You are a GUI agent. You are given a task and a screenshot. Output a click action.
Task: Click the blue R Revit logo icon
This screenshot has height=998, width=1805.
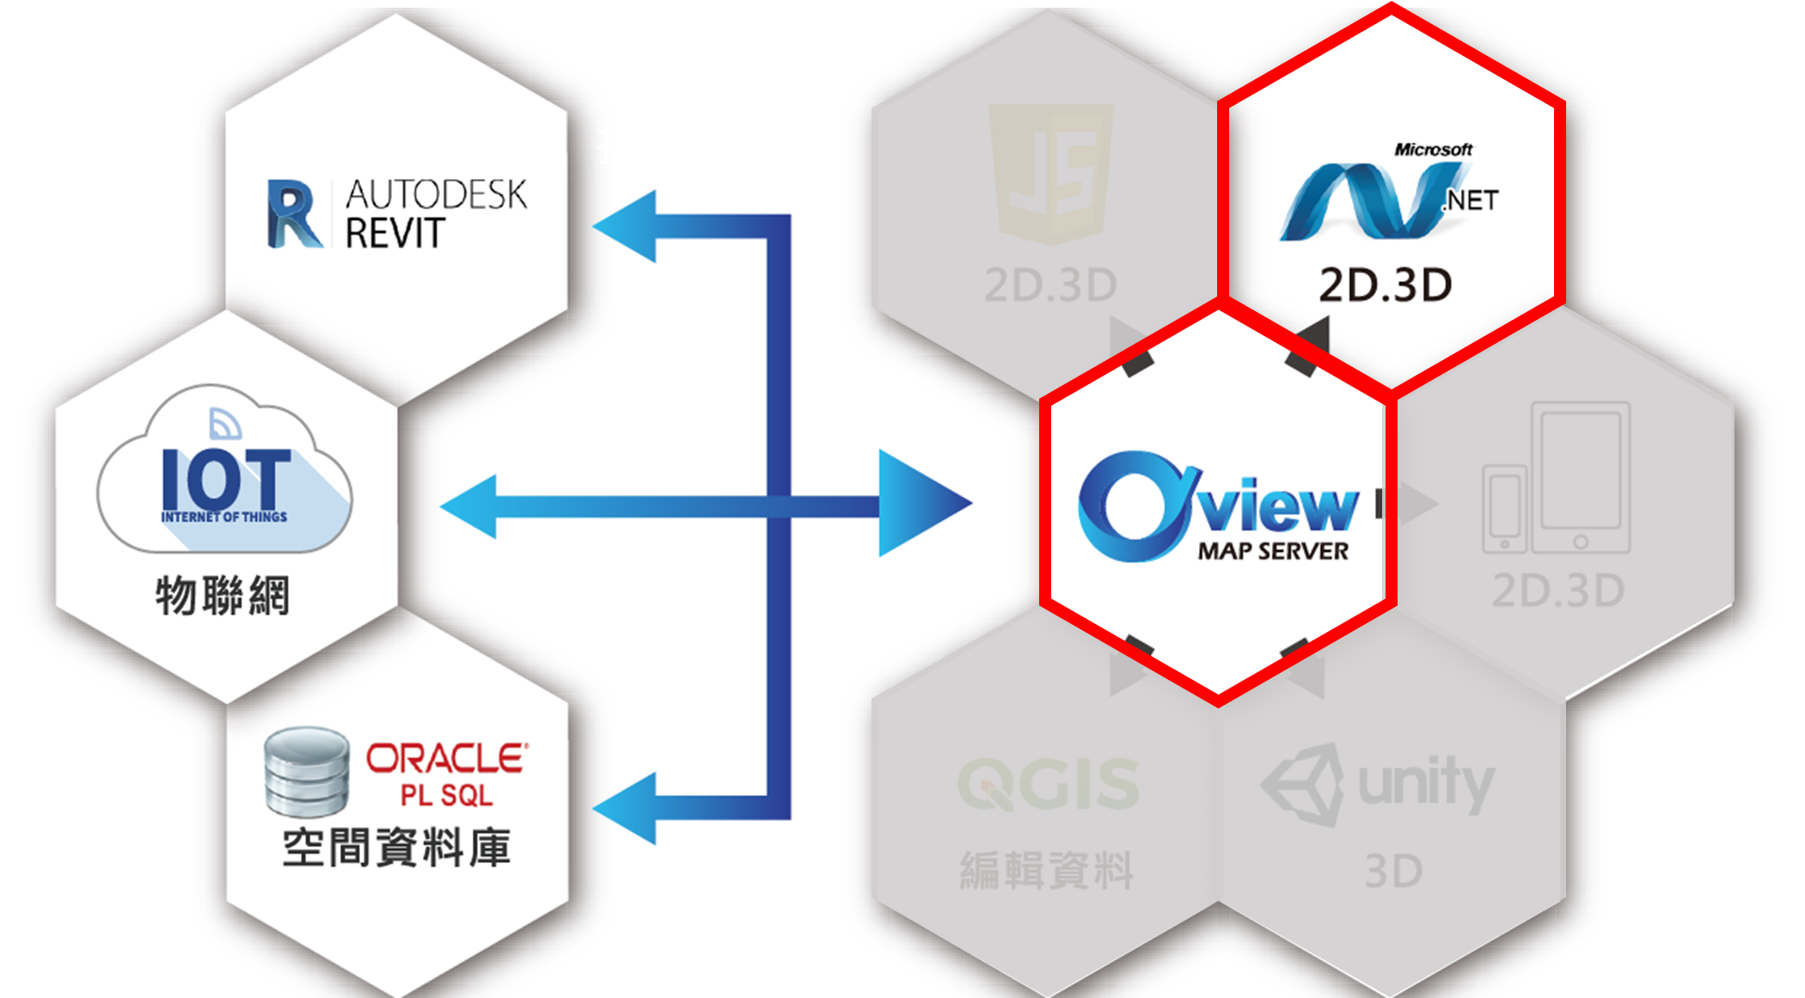293,214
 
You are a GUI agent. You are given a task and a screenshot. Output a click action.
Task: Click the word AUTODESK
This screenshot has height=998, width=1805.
436,195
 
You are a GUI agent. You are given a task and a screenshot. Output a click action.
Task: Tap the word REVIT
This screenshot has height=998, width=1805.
395,233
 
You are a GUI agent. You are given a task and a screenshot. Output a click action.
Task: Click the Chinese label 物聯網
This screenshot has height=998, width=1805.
223,596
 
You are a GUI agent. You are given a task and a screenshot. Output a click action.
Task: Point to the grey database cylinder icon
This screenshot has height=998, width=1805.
307,771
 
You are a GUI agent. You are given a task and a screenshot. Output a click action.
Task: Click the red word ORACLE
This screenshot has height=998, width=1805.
447,758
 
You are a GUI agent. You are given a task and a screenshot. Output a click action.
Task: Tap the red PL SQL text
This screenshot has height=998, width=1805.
447,795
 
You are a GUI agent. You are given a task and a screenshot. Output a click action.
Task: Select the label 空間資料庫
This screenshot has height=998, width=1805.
396,848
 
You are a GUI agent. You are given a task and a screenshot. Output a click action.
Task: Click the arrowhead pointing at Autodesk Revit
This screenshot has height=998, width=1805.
627,226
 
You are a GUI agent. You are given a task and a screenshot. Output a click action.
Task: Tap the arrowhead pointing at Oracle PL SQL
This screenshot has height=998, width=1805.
627,808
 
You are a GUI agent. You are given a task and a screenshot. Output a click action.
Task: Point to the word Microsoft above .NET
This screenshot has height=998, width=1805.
1433,150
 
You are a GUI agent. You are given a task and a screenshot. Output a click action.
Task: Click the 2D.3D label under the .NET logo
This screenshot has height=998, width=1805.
1386,285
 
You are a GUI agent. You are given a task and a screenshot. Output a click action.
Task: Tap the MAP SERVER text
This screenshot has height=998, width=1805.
1273,552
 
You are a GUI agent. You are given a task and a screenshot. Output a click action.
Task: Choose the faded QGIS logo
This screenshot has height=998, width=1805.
1049,783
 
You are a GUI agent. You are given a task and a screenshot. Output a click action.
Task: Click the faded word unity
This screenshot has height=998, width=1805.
1426,782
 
